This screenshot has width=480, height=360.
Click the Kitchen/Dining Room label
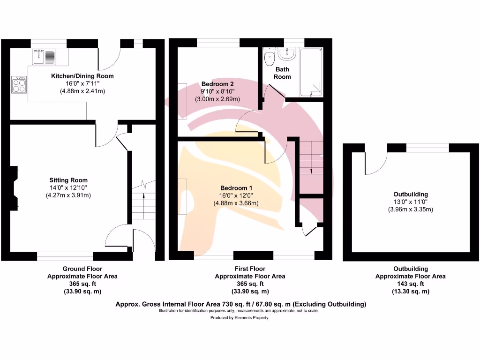(x=82, y=76)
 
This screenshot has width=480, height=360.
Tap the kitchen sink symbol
(x=44, y=57)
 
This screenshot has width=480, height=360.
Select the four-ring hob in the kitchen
(x=20, y=85)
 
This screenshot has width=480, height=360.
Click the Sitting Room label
(x=68, y=180)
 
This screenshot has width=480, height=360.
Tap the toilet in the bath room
(x=270, y=58)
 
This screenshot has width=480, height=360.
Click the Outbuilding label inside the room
(x=410, y=194)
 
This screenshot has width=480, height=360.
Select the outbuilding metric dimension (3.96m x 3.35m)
(x=410, y=209)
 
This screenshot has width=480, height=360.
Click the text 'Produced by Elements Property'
(x=239, y=318)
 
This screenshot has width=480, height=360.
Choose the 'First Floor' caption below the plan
(x=250, y=269)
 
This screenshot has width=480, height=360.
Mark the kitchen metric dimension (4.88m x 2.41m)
(x=82, y=91)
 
